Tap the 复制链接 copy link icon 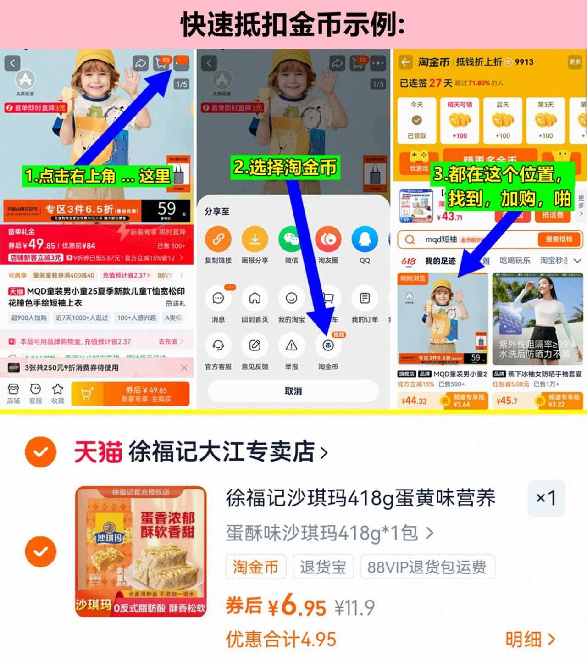[x=218, y=239]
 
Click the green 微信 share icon [x=291, y=239]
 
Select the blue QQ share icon [x=365, y=239]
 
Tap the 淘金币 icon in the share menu [x=328, y=346]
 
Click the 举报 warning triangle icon [x=291, y=346]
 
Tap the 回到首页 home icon [x=255, y=299]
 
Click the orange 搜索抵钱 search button [x=559, y=239]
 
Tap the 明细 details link [x=530, y=639]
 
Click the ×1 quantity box [x=546, y=498]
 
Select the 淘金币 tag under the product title [x=255, y=567]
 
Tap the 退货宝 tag [x=323, y=567]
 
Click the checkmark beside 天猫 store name [x=41, y=452]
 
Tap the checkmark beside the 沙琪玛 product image [x=41, y=551]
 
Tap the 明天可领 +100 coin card [x=460, y=121]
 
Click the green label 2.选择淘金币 [x=285, y=167]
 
